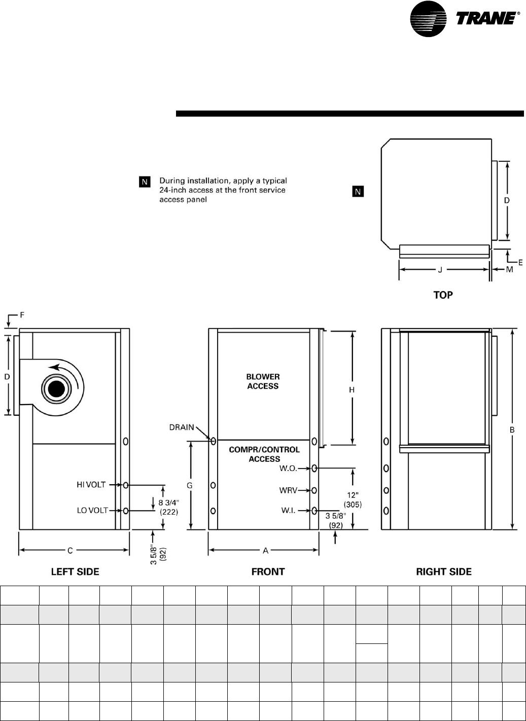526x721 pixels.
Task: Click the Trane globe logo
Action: [x=428, y=19]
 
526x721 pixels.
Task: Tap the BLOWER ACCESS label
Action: [x=263, y=381]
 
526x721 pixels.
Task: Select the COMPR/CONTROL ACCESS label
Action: [x=264, y=454]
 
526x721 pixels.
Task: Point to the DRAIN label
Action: [x=182, y=427]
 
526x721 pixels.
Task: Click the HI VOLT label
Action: [x=91, y=484]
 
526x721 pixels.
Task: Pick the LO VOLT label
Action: [x=92, y=510]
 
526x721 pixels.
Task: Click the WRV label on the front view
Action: [x=288, y=490]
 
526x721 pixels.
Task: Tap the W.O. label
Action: [x=288, y=468]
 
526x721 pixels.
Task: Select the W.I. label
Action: [x=288, y=511]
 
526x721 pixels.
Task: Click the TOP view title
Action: [x=443, y=295]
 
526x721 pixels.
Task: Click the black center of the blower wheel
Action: [x=56, y=389]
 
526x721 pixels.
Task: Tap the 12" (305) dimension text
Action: [x=353, y=500]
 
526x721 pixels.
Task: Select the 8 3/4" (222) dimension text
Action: [x=169, y=507]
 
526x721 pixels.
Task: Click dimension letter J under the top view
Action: [x=440, y=270]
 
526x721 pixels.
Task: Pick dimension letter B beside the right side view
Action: [x=512, y=429]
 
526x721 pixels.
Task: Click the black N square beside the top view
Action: [x=358, y=192]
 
